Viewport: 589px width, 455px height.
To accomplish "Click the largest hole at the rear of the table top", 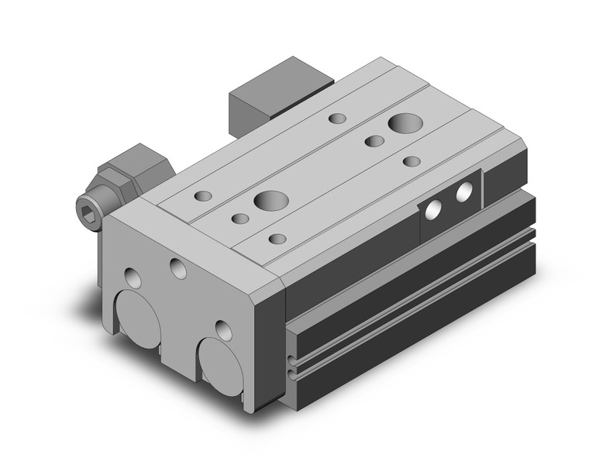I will pyautogui.click(x=403, y=122).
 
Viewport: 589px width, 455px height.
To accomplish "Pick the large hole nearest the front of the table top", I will pyautogui.click(x=269, y=199).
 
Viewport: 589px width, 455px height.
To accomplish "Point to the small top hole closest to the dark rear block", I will pyautogui.click(x=337, y=119).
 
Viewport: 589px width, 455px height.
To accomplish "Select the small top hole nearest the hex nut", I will pyautogui.click(x=204, y=197).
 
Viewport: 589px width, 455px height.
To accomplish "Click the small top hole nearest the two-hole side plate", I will pyautogui.click(x=412, y=161).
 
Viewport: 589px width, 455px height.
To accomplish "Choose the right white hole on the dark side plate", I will pyautogui.click(x=464, y=191).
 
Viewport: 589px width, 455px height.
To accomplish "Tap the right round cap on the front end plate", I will pyautogui.click(x=219, y=364).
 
